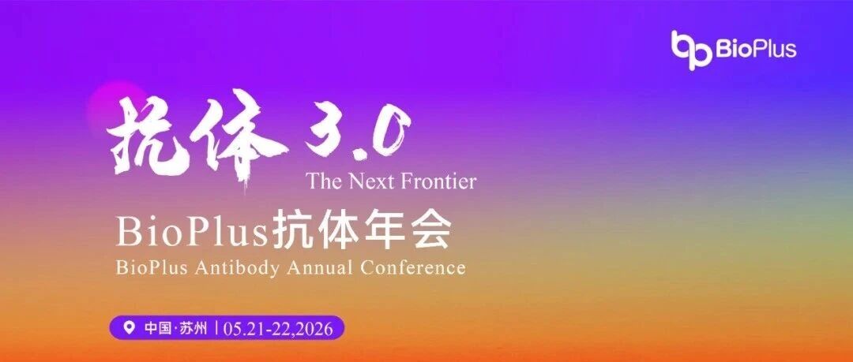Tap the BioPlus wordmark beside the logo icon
coord(756,49)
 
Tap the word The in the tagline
coord(325,181)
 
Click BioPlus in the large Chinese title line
coord(193,232)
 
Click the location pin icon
coord(130,328)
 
